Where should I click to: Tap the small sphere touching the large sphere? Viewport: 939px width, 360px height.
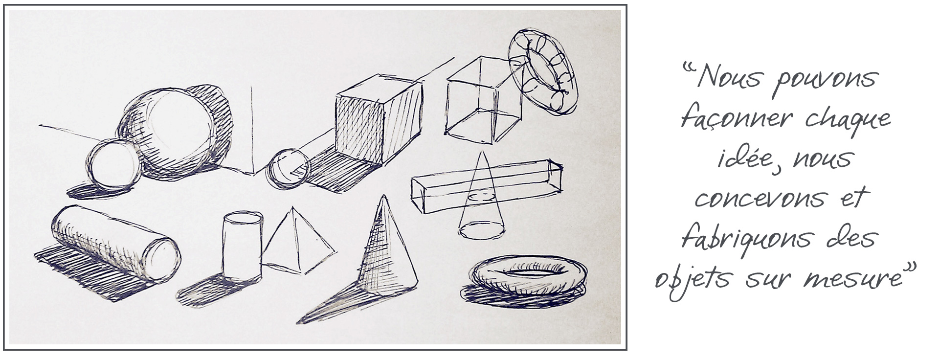pos(113,164)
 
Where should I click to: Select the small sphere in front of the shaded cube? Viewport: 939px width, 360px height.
pos(290,169)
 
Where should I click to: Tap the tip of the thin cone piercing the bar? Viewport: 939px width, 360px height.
pos(482,152)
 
